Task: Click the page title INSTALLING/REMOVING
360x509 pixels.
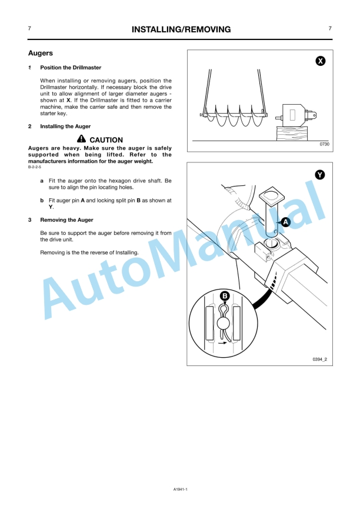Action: [x=181, y=29]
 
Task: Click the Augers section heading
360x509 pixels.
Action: [x=40, y=53]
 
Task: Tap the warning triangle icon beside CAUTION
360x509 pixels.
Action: [x=82, y=139]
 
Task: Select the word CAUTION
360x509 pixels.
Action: [x=106, y=140]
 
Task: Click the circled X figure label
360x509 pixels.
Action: [x=321, y=61]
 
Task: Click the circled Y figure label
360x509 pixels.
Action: [x=320, y=175]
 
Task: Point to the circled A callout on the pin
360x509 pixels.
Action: [x=285, y=222]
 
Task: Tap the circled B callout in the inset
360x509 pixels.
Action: [x=225, y=296]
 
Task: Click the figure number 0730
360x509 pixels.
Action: [x=324, y=144]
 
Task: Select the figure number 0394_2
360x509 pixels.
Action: [x=320, y=360]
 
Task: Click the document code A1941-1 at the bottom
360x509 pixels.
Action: [x=181, y=489]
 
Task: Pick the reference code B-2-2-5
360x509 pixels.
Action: [x=35, y=167]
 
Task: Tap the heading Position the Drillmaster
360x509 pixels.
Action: [x=71, y=68]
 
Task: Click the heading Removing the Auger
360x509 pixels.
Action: [x=66, y=219]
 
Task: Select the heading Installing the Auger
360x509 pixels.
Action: [x=65, y=127]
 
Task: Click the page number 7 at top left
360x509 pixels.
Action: [x=29, y=29]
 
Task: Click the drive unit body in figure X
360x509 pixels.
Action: [x=294, y=115]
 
